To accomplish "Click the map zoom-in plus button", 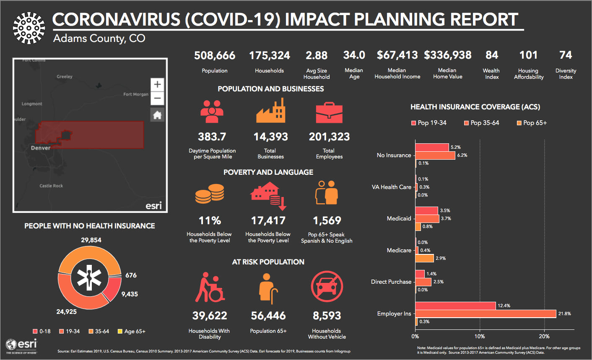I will pyautogui.click(x=157, y=84).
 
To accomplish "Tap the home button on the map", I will pyautogui.click(x=157, y=115).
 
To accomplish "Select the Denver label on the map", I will pyautogui.click(x=41, y=148).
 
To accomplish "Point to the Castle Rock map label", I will pyautogui.click(x=51, y=186).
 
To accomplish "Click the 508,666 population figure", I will pyautogui.click(x=215, y=55).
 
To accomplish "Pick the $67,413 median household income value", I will pyautogui.click(x=397, y=55).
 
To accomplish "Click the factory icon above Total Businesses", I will pyautogui.click(x=270, y=111).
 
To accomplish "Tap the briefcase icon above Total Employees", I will pyautogui.click(x=329, y=112).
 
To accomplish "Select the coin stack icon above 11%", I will pyautogui.click(x=210, y=194).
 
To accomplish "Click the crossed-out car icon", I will pyautogui.click(x=327, y=287).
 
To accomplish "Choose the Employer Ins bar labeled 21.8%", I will pyautogui.click(x=486, y=313).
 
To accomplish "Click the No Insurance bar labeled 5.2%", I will pyautogui.click(x=432, y=148).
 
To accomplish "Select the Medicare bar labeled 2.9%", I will pyautogui.click(x=424, y=258).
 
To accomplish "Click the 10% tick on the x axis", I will pyautogui.click(x=480, y=336).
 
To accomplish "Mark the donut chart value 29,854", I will pyautogui.click(x=91, y=240).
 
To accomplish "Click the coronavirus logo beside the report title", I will pyautogui.click(x=29, y=28).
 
